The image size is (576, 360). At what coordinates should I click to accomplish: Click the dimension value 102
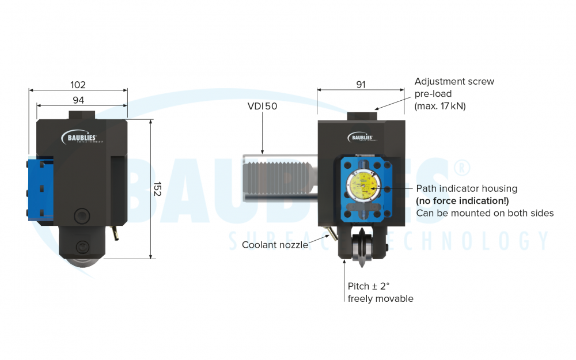click(x=78, y=85)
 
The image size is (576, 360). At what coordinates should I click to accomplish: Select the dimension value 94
click(x=78, y=100)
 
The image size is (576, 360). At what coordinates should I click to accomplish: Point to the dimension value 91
click(x=361, y=85)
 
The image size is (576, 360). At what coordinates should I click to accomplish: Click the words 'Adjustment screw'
click(x=454, y=81)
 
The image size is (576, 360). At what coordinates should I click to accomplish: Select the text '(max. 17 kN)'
click(x=440, y=106)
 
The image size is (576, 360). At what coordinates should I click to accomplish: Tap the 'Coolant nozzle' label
click(x=275, y=245)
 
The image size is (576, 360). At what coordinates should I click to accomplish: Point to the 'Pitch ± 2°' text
click(x=369, y=286)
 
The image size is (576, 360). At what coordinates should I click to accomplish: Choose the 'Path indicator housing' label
click(x=467, y=188)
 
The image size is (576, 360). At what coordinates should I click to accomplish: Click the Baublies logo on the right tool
click(x=362, y=137)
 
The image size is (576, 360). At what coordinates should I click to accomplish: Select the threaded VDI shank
click(x=279, y=178)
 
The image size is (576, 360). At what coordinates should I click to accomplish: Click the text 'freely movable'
click(x=380, y=298)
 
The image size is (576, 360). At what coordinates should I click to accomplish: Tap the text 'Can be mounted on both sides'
click(x=484, y=213)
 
